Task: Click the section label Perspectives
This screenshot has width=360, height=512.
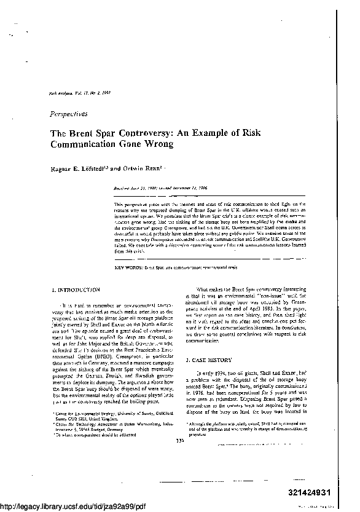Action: pos(69,114)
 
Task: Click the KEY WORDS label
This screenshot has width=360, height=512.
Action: pos(128,269)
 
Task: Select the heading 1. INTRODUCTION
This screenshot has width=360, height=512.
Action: pos(76,289)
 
